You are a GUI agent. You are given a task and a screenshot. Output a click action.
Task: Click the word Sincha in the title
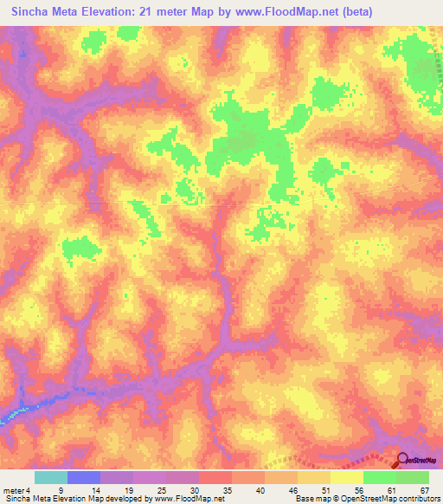click(35, 12)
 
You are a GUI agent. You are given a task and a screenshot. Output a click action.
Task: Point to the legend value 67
click(423, 489)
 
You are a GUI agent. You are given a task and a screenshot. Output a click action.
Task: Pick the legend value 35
click(214, 489)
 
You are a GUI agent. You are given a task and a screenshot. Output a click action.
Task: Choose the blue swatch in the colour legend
click(84, 477)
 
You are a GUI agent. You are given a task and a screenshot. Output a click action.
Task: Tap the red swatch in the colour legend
click(215, 477)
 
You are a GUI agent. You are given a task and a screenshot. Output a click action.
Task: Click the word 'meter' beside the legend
click(13, 489)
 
